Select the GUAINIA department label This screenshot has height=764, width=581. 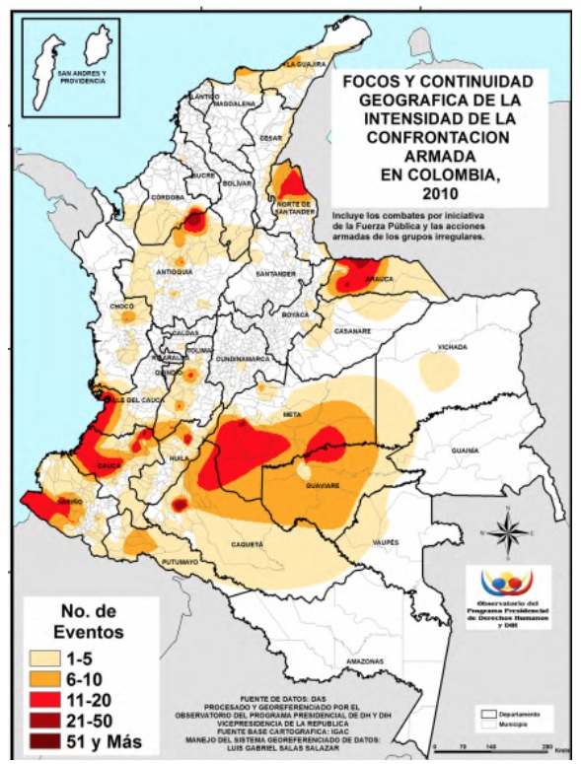click(465, 451)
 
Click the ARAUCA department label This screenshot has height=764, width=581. click(380, 279)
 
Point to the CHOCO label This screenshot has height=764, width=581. click(121, 307)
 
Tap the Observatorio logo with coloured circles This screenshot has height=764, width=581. click(505, 582)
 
